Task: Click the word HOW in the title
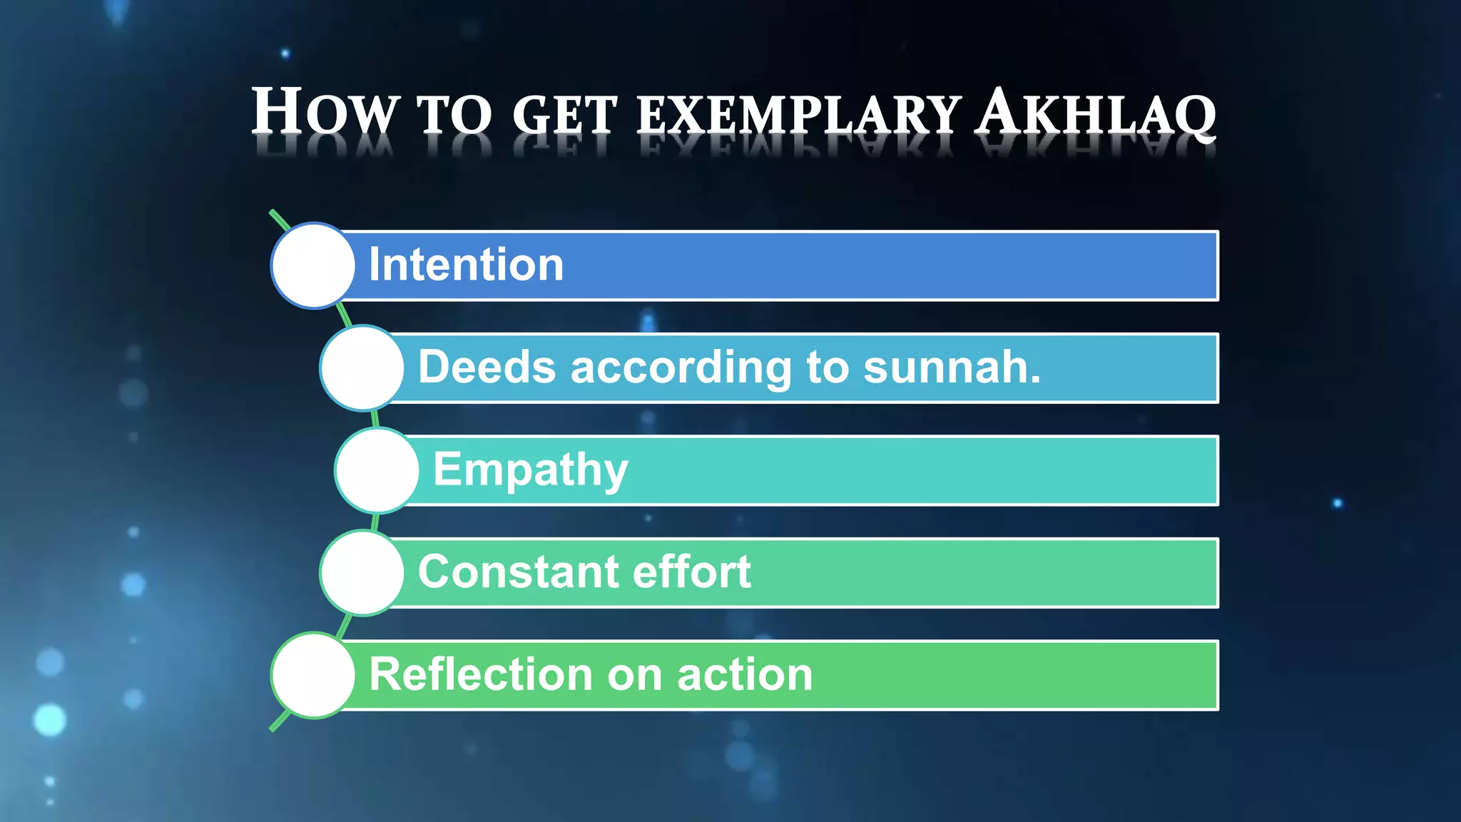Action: (x=324, y=111)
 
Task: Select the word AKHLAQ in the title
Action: (x=1096, y=113)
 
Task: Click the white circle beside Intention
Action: (x=313, y=265)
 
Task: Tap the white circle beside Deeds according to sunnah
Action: (x=362, y=368)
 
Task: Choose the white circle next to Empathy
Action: (x=377, y=470)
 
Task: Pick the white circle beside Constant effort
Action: (x=362, y=573)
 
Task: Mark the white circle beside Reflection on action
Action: (x=313, y=675)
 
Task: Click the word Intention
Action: (x=466, y=265)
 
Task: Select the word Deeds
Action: (x=487, y=367)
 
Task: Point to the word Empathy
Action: (x=531, y=471)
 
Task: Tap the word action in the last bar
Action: (x=745, y=675)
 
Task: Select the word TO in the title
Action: (x=454, y=115)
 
